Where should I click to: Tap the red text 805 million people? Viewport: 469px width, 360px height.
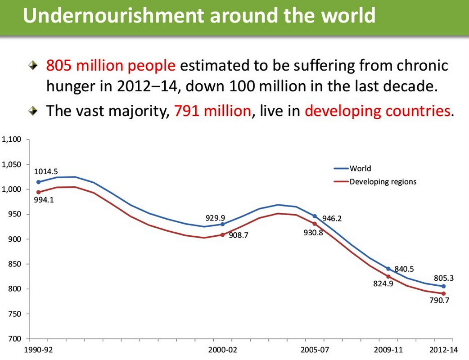coord(111,66)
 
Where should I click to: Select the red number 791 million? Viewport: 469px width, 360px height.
coord(212,111)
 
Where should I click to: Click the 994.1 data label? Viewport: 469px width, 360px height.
coord(44,200)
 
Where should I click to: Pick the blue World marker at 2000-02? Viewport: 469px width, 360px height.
coord(222,224)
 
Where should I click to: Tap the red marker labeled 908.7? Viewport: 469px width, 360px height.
coord(222,234)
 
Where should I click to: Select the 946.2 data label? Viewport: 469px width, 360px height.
coord(332,219)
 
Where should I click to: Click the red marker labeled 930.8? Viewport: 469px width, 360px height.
coord(315,224)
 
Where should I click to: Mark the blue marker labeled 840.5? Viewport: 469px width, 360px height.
coord(388,269)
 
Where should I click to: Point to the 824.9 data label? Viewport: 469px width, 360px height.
coord(383,284)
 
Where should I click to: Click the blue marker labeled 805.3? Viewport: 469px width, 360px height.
coord(443,286)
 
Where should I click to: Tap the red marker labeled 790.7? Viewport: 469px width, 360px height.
coord(443,293)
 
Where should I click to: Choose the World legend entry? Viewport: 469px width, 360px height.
coord(360,169)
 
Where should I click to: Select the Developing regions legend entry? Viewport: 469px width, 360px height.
coord(383,182)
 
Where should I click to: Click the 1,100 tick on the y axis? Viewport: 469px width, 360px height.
coord(11,139)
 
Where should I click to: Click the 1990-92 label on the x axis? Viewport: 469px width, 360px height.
coord(38,350)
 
